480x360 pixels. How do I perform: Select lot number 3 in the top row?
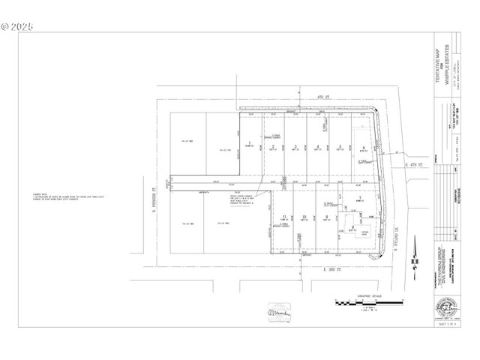point(295,146)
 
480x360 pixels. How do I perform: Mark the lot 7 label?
point(360,196)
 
